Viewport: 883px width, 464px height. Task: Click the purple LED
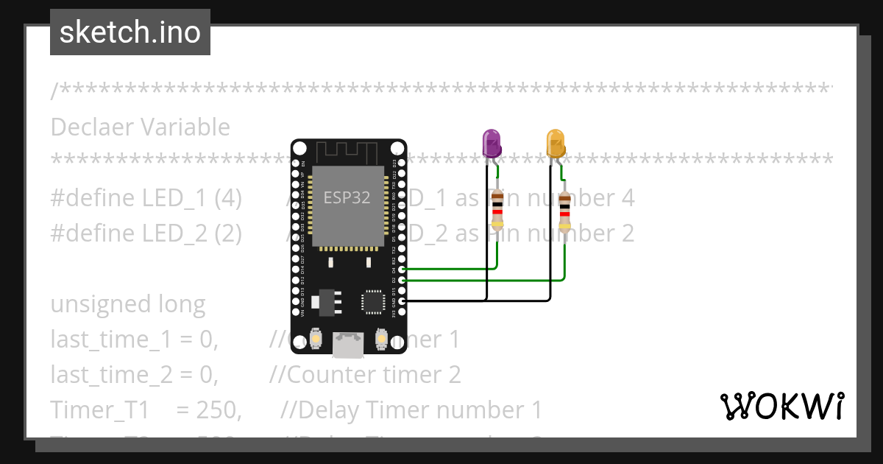point(492,143)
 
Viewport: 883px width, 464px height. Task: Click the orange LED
point(556,143)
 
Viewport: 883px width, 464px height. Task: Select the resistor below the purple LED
point(497,209)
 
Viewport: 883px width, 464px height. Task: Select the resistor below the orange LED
point(564,212)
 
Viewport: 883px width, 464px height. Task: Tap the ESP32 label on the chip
point(347,197)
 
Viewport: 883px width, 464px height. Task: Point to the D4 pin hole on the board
point(401,270)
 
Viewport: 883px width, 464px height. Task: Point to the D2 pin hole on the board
point(401,280)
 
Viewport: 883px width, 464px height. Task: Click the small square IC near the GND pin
point(373,303)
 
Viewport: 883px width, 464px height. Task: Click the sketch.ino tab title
point(130,32)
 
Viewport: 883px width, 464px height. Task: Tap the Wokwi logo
point(781,406)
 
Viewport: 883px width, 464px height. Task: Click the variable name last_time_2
point(110,375)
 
